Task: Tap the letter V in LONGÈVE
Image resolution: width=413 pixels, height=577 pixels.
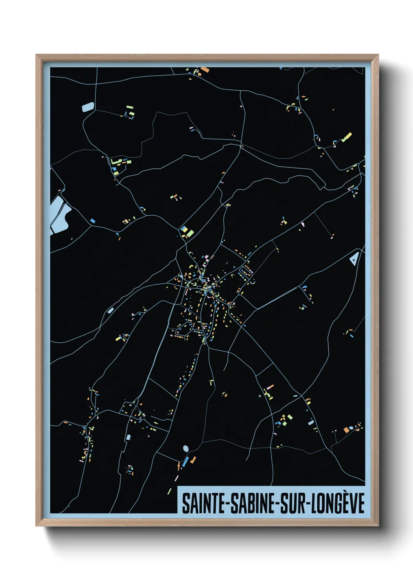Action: click(x=353, y=504)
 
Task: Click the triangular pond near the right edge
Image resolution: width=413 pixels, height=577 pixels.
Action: click(x=354, y=258)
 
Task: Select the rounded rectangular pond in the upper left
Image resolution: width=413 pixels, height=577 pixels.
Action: click(x=88, y=107)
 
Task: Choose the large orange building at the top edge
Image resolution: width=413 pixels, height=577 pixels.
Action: click(x=205, y=70)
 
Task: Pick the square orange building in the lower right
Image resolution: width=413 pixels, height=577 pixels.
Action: click(x=346, y=430)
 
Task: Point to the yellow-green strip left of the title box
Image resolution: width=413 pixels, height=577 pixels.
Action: click(x=169, y=491)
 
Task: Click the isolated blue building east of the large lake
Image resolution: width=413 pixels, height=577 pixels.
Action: click(x=93, y=221)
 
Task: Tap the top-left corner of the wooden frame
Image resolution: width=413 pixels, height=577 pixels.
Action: click(x=37, y=55)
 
